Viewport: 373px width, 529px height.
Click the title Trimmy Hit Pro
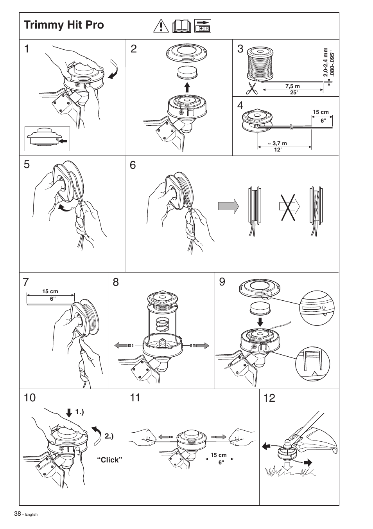64,25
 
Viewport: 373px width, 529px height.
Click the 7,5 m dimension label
292,86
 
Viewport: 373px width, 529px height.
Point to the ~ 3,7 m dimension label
277,143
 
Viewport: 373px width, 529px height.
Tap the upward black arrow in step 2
187,87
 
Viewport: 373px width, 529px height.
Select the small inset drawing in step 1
47,138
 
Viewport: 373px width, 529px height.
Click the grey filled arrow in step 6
228,206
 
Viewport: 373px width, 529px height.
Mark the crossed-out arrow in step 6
289,206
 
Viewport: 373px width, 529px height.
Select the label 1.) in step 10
80,412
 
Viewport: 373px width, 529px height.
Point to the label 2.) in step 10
109,436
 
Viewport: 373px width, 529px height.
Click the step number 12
269,398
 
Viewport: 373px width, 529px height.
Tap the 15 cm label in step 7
50,291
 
